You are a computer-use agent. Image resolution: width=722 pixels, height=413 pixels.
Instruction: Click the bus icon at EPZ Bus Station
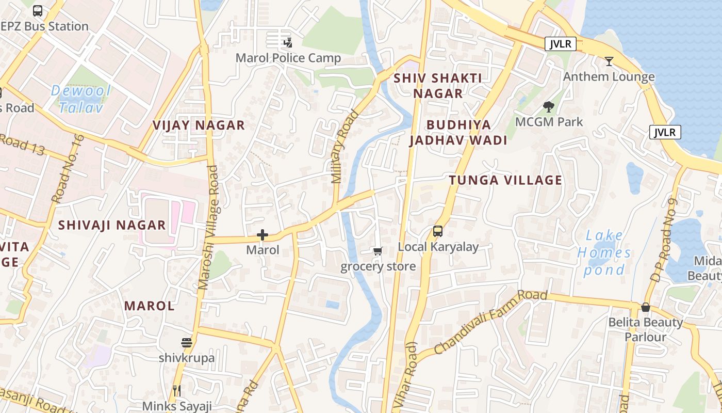tap(38, 10)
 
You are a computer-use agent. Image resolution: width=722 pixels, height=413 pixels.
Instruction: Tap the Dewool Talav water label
tap(81, 99)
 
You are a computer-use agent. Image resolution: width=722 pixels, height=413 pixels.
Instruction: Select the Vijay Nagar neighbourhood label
tap(199, 125)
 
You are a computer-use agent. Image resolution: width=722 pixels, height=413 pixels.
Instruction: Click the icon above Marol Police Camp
tap(288, 42)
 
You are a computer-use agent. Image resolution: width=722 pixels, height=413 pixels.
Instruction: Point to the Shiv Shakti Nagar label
tap(438, 86)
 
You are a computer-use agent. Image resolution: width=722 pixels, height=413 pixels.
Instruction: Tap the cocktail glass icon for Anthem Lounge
tap(609, 61)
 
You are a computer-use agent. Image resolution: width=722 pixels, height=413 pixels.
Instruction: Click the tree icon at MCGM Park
tap(549, 107)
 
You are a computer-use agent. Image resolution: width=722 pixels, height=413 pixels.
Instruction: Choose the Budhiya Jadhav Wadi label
tap(458, 133)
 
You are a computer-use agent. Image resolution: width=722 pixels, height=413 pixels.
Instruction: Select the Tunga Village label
tap(505, 180)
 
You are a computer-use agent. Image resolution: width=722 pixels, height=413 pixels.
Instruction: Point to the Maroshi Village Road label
tap(209, 227)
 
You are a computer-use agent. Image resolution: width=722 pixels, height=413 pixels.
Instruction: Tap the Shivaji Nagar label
tap(112, 225)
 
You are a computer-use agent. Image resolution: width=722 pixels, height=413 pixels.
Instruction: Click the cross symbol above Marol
tap(262, 235)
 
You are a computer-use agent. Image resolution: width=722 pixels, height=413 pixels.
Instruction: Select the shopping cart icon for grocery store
tap(378, 251)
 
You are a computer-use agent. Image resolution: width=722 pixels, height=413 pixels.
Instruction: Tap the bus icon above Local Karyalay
tap(438, 231)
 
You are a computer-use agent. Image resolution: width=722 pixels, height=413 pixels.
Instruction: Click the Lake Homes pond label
tap(604, 253)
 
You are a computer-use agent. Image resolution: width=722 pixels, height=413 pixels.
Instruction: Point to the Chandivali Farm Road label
tap(490, 322)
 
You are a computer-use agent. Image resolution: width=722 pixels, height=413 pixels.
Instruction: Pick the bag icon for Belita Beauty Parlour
tap(645, 308)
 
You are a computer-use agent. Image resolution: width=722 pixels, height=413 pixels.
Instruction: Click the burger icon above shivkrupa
tap(187, 343)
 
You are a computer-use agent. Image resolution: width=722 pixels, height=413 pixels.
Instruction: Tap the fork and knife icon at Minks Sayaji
tap(177, 391)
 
